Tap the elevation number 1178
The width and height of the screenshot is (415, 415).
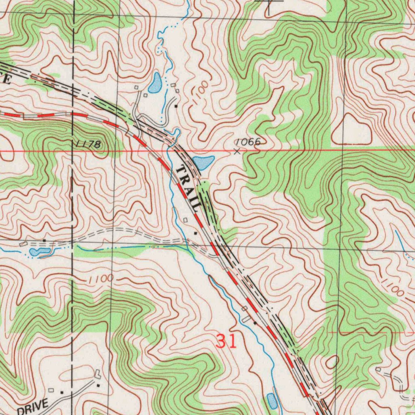87,144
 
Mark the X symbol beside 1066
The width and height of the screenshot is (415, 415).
237,152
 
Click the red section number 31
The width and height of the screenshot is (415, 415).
226,341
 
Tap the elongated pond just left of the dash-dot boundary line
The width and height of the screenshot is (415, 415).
40,252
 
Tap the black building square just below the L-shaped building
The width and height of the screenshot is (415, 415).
98,385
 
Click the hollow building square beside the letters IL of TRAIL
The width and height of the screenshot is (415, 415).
186,220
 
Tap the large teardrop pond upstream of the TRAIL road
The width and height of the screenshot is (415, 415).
155,83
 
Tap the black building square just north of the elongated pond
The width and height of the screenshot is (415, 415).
44,241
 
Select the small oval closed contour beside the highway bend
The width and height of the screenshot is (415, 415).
332,362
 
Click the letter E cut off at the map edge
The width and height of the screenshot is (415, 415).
6,79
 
